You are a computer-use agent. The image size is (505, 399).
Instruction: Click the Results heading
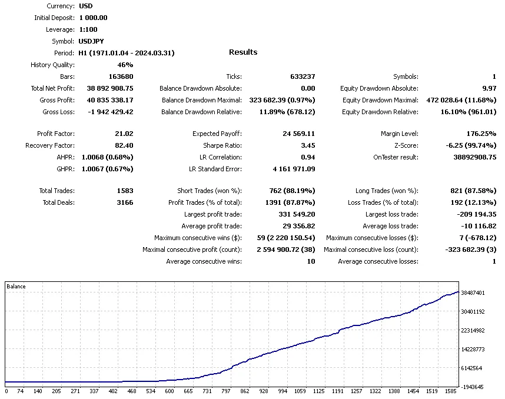click(x=243, y=52)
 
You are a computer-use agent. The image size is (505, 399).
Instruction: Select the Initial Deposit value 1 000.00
click(x=93, y=18)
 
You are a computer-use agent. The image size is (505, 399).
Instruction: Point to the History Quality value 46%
click(x=125, y=65)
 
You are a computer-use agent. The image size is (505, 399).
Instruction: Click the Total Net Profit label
click(x=52, y=88)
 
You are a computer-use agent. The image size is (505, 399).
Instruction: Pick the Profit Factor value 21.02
click(x=124, y=134)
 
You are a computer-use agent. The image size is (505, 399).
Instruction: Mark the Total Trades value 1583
click(x=125, y=191)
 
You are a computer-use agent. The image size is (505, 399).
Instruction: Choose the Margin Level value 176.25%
click(x=480, y=134)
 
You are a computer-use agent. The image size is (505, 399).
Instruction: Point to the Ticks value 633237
click(x=303, y=77)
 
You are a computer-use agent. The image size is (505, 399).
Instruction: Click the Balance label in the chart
click(x=16, y=287)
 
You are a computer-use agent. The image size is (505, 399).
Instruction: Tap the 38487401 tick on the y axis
click(x=473, y=292)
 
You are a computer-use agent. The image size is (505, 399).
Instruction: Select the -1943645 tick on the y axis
click(x=473, y=387)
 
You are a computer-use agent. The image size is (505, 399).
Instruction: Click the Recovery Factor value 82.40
click(x=124, y=145)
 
